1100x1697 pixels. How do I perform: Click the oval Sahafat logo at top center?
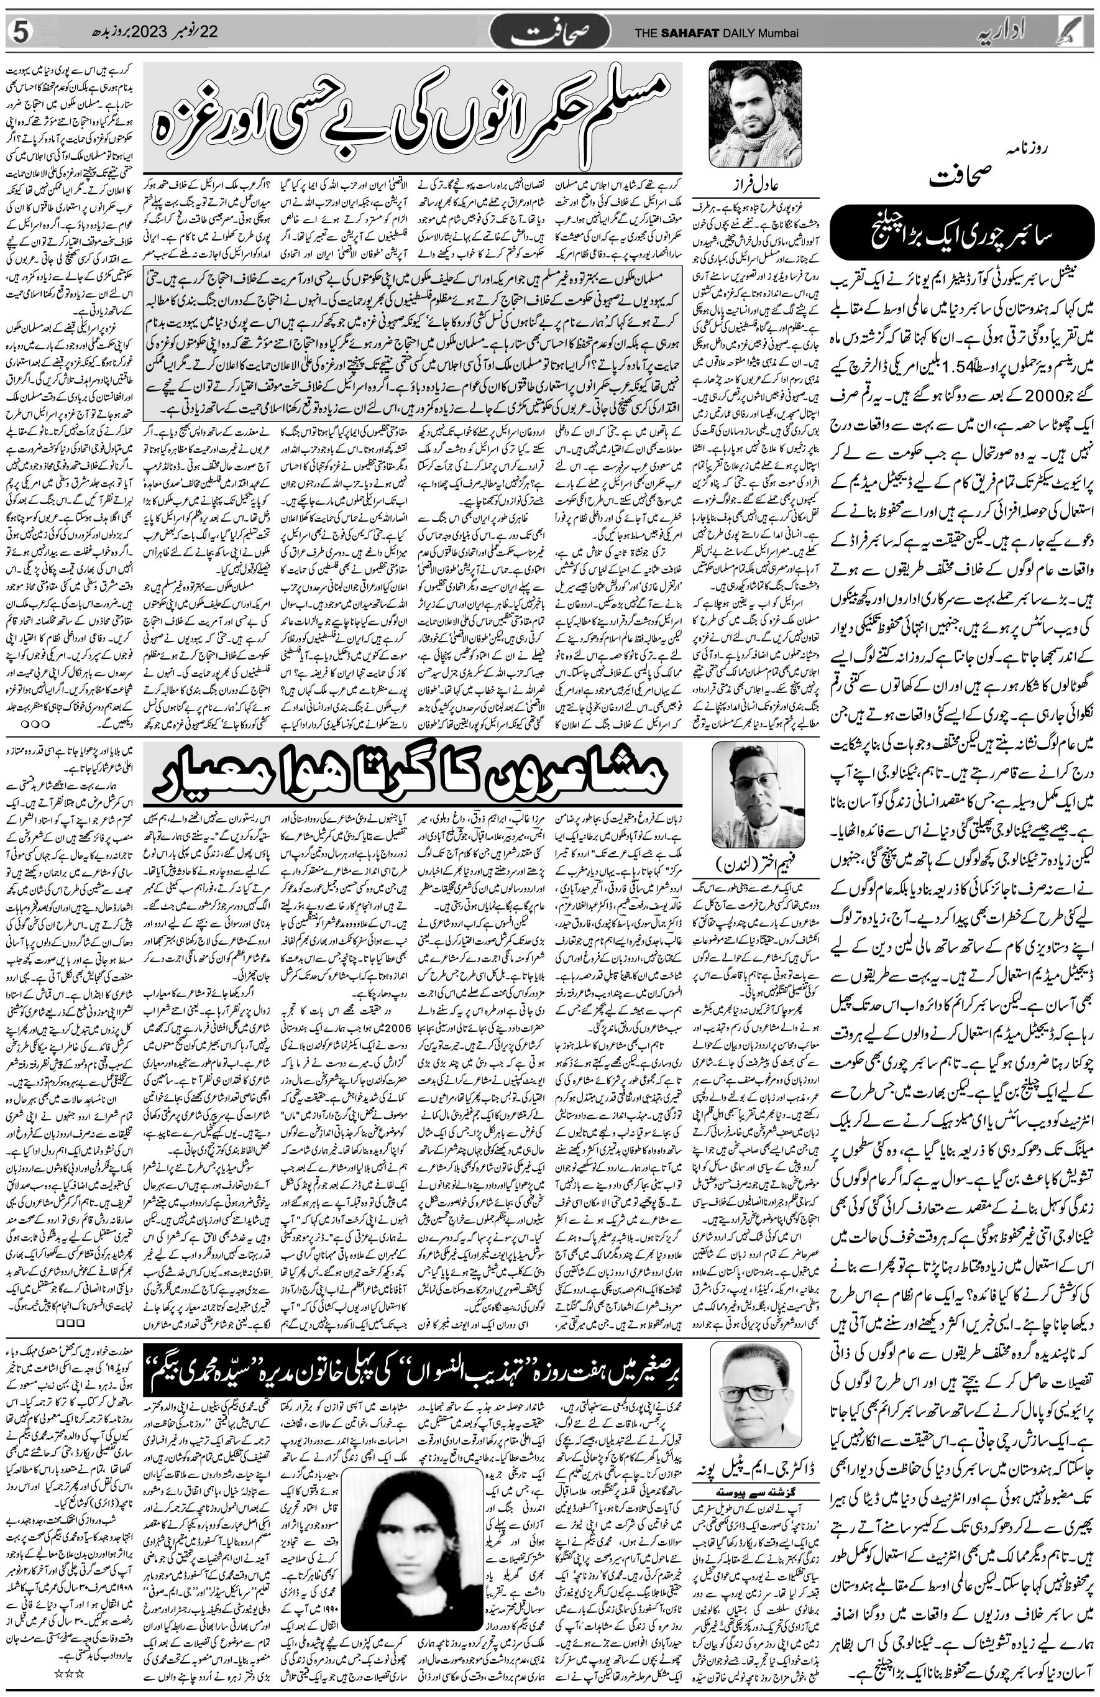pos(549,31)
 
